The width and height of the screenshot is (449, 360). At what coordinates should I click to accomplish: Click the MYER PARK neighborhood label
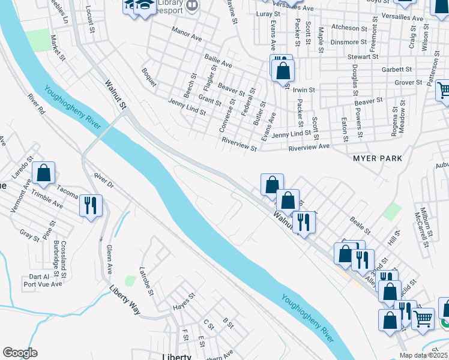click(377, 158)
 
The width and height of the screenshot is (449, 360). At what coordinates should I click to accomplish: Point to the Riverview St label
click(239, 144)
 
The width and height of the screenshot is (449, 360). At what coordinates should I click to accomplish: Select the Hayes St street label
click(184, 301)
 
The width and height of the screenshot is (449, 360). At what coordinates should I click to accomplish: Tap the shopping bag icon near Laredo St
click(44, 173)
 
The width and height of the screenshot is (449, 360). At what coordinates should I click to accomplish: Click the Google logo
click(20, 353)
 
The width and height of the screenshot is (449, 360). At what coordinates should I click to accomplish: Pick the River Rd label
click(36, 103)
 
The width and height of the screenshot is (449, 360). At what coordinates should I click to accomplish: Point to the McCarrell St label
click(426, 229)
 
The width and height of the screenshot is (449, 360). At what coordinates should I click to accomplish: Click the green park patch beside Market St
click(38, 40)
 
